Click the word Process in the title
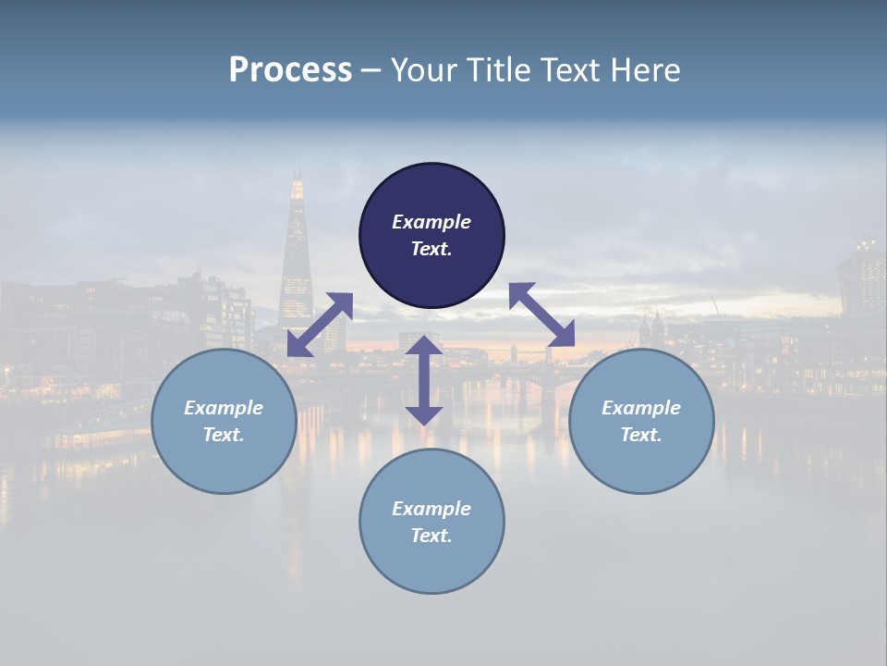tap(290, 70)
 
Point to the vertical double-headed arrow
tap(424, 380)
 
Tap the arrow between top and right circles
tap(541, 314)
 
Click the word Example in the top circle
tap(431, 222)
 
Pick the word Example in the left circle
tap(224, 408)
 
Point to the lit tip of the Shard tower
tap(297, 187)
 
